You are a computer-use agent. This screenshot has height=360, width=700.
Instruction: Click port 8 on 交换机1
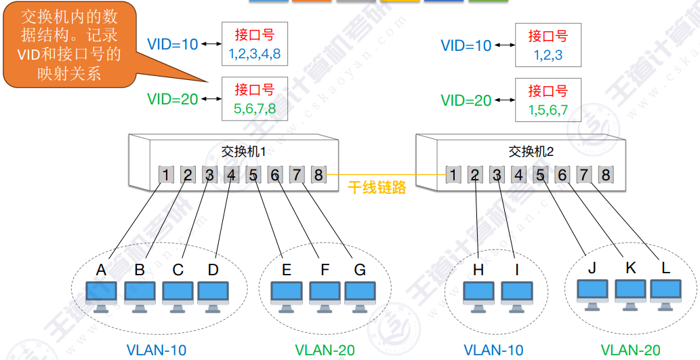(318, 175)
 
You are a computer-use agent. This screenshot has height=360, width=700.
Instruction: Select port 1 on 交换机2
(453, 175)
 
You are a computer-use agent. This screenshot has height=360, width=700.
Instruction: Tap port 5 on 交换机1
(253, 175)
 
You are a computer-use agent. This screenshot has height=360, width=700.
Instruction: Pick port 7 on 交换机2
(584, 175)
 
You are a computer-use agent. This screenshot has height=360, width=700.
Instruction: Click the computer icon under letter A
(102, 297)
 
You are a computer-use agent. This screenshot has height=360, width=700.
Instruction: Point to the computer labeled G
(360, 297)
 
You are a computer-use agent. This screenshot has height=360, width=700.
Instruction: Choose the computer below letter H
(478, 297)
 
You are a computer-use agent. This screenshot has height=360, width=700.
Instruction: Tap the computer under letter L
(665, 295)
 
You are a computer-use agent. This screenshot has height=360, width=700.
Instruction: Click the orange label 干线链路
(377, 187)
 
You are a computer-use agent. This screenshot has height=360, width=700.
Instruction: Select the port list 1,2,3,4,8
(255, 54)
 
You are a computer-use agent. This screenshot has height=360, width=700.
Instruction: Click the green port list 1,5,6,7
(548, 109)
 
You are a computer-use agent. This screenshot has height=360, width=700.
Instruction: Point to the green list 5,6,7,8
(255, 108)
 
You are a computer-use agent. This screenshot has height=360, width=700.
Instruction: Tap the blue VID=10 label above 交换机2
(466, 45)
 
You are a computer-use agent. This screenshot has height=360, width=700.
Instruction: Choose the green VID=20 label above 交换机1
(173, 99)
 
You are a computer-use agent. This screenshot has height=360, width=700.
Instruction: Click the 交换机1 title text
(244, 152)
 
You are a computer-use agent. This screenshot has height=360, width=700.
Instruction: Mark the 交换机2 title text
(531, 152)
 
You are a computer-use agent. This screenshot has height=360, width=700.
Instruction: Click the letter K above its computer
(631, 268)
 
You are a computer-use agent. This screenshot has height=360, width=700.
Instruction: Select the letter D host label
(213, 270)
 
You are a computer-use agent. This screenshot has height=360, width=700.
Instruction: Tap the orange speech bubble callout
(70, 45)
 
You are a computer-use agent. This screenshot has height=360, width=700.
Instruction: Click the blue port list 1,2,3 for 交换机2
(548, 55)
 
